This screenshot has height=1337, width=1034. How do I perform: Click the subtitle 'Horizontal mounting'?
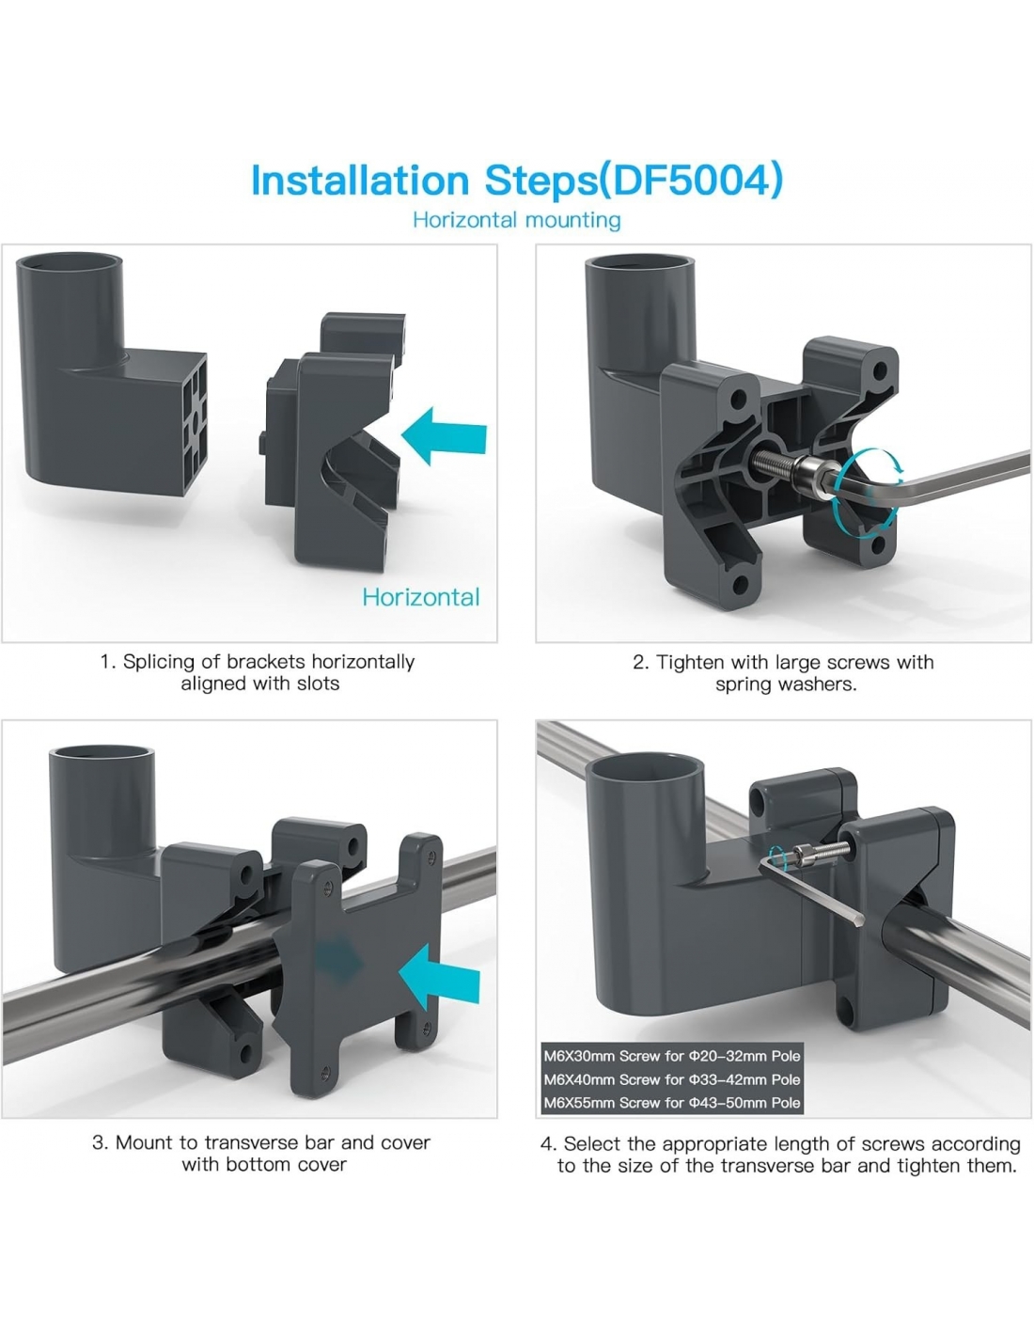pyautogui.click(x=517, y=220)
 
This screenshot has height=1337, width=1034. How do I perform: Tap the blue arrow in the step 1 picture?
pyautogui.click(x=444, y=435)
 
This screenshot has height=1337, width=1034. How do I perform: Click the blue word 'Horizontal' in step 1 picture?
pyautogui.click(x=421, y=597)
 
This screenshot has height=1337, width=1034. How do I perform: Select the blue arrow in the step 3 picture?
pyautogui.click(x=439, y=978)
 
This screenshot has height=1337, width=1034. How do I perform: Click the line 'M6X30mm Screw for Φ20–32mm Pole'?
pyautogui.click(x=672, y=1056)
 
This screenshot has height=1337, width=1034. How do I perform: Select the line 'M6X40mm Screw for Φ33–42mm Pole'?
pyautogui.click(x=672, y=1079)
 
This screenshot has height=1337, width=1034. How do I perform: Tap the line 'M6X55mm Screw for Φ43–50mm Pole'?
pyautogui.click(x=672, y=1103)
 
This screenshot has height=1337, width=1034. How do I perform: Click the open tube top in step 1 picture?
pyautogui.click(x=69, y=262)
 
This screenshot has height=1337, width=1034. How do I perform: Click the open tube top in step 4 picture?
pyautogui.click(x=645, y=768)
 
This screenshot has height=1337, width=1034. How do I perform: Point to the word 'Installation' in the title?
pyautogui.click(x=360, y=181)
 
